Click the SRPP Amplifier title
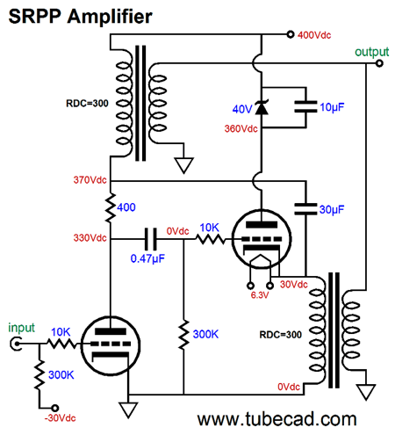coord(80,16)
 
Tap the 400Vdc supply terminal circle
coord(290,34)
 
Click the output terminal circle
coord(379,63)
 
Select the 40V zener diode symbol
coord(262,107)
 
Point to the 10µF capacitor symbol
coord(305,106)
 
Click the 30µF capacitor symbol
coord(305,209)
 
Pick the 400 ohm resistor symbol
coord(111,207)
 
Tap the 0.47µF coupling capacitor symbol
coord(151,239)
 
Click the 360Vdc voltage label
coord(241,128)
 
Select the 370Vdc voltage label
coord(90,180)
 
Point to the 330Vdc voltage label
coord(90,238)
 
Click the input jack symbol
coord(16,344)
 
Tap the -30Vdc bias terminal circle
coord(54,408)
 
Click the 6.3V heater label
coord(260,295)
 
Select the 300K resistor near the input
coord(39,375)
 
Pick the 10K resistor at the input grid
coord(61,344)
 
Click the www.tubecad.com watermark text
coord(276,419)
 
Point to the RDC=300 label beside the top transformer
coord(87,104)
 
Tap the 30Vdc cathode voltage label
coord(294,285)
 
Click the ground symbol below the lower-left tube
coord(128,410)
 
